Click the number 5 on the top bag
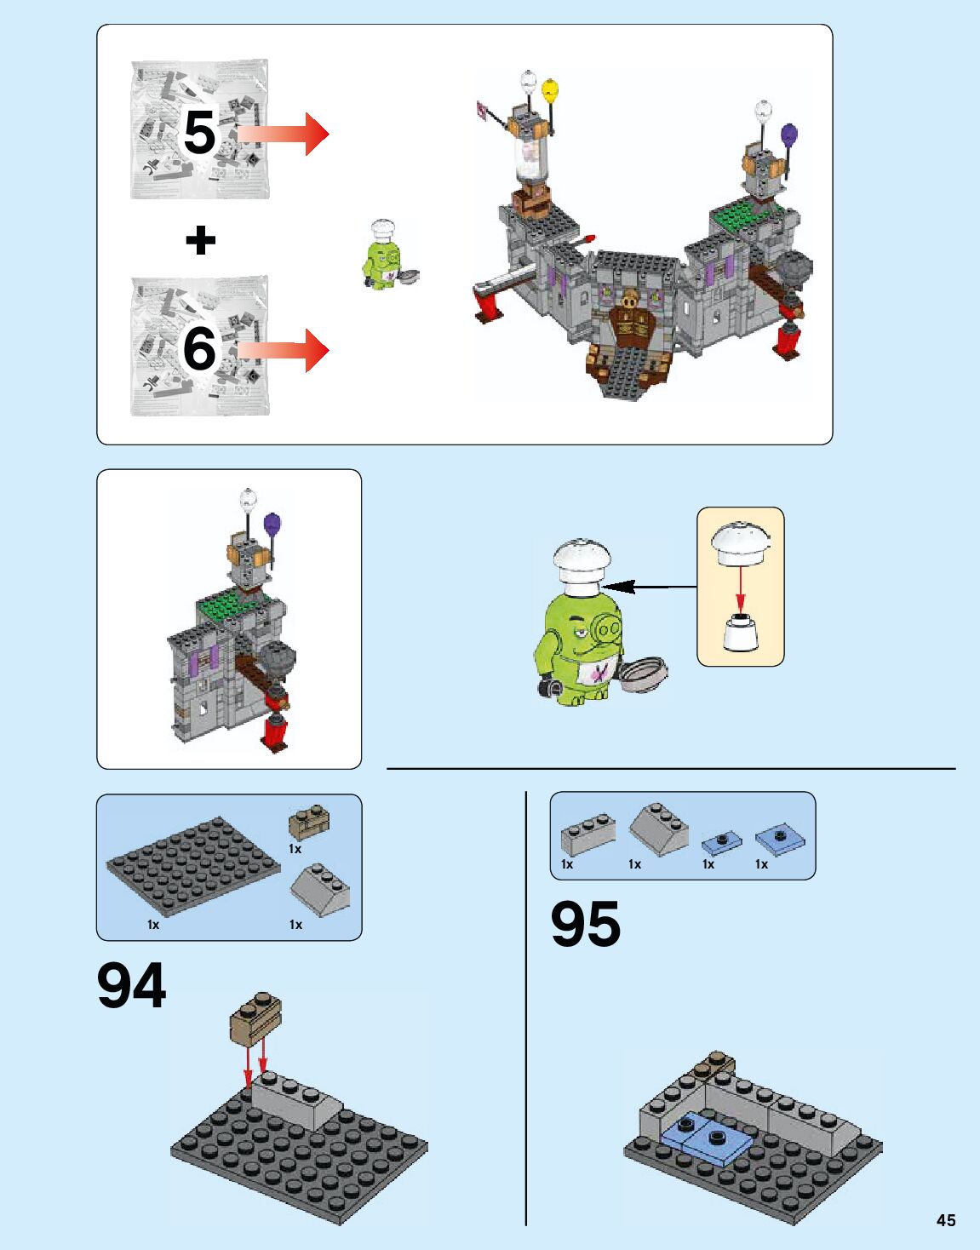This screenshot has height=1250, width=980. tap(199, 132)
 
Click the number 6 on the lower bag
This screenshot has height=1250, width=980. tap(199, 349)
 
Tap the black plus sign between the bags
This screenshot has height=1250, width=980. tap(201, 240)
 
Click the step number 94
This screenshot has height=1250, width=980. tap(131, 986)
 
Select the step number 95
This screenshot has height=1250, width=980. tap(586, 925)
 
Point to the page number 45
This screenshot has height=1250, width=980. tap(945, 1220)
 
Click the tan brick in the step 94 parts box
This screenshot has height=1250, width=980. tap(309, 823)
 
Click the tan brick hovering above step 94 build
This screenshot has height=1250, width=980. tap(255, 1017)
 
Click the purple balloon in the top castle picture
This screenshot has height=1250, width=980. tap(789, 135)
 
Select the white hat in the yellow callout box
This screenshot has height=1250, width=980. tap(741, 542)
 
